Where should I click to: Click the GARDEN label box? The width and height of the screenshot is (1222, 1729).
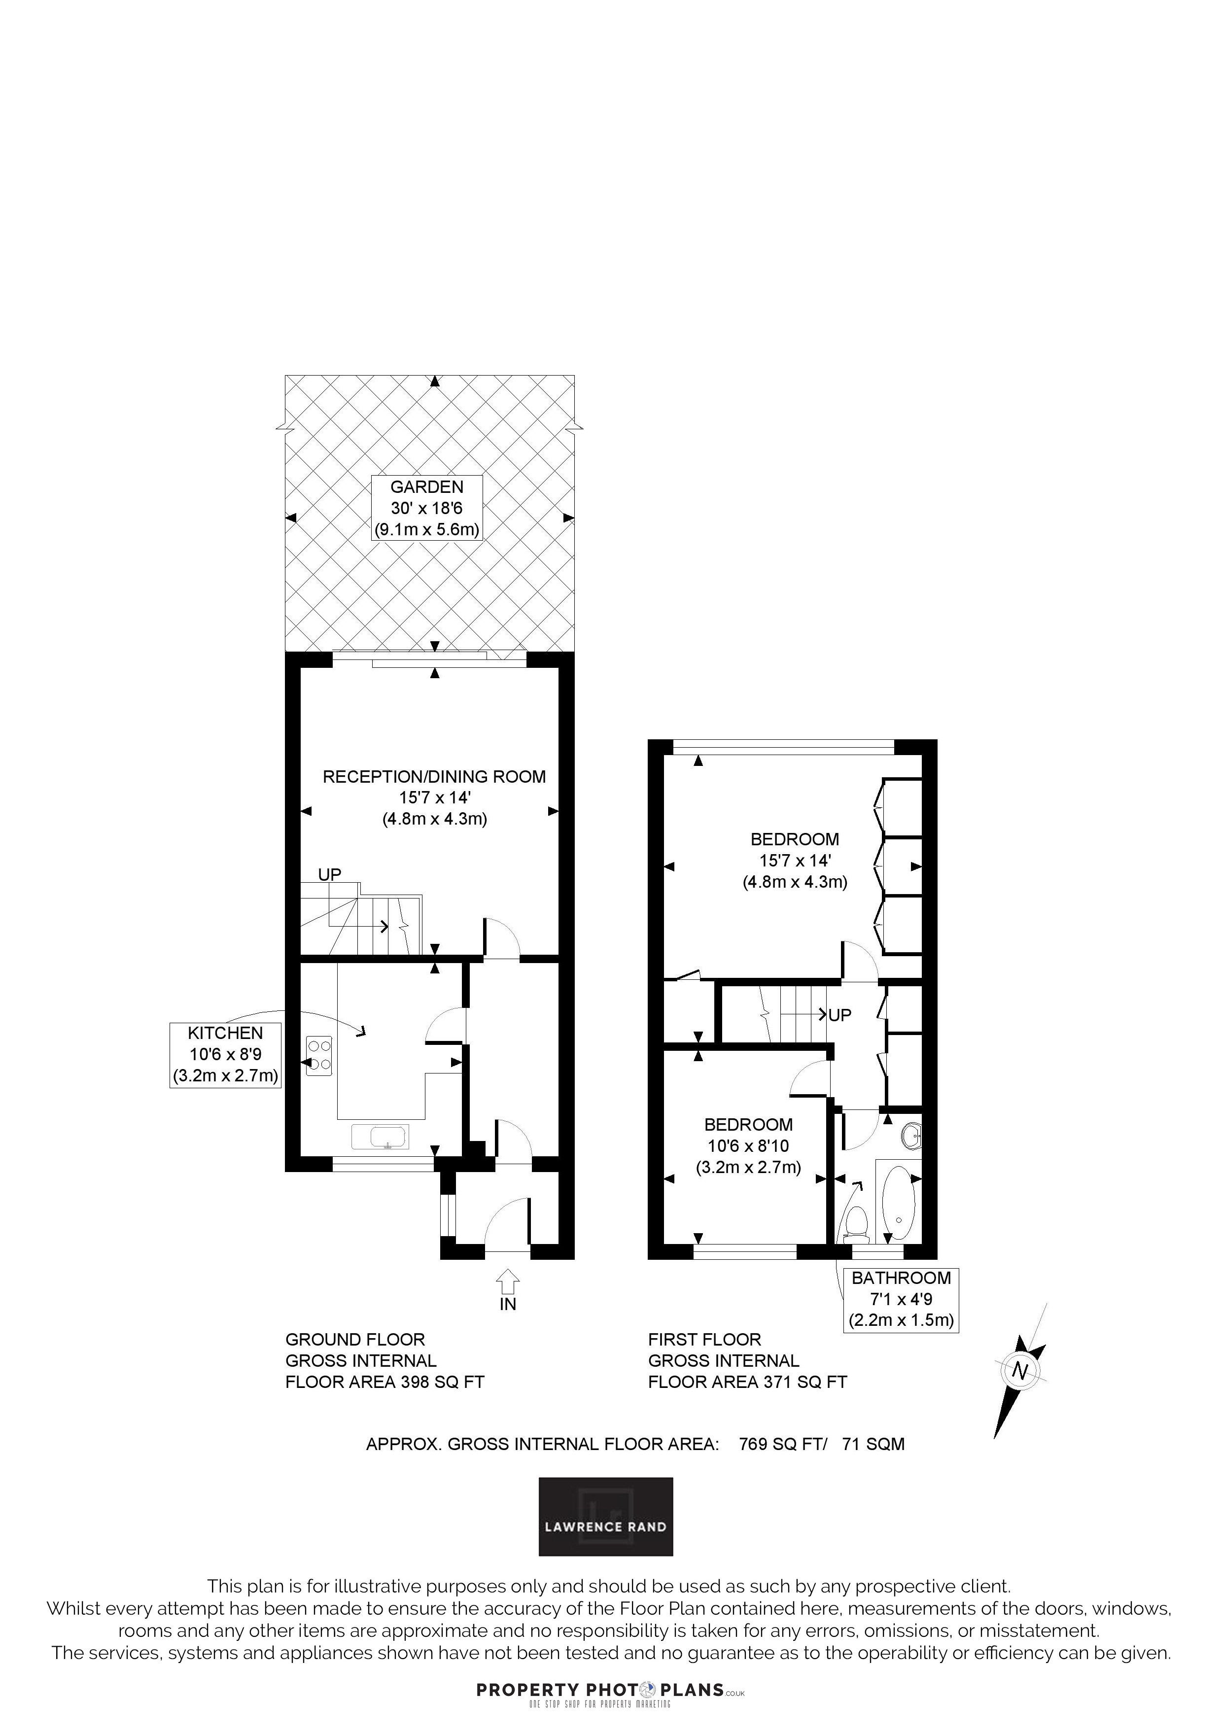click(x=427, y=508)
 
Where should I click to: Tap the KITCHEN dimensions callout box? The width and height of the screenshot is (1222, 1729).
click(x=226, y=1054)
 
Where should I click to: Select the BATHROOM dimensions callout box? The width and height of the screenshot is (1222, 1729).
click(x=901, y=1300)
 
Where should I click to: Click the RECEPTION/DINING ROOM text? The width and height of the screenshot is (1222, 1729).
click(x=434, y=776)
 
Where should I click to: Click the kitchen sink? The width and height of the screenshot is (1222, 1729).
click(x=380, y=1137)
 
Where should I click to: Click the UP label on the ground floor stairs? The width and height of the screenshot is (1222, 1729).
click(x=330, y=874)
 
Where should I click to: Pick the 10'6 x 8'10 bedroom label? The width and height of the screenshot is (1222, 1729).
click(x=748, y=1145)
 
